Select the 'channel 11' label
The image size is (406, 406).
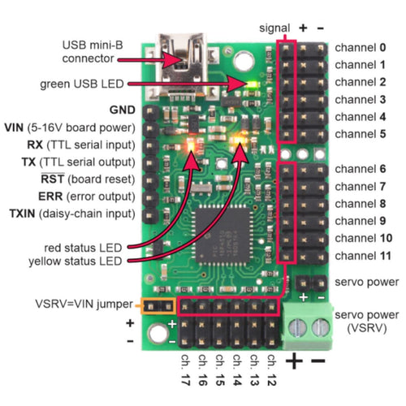365,255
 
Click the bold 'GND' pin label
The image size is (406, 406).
120,109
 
